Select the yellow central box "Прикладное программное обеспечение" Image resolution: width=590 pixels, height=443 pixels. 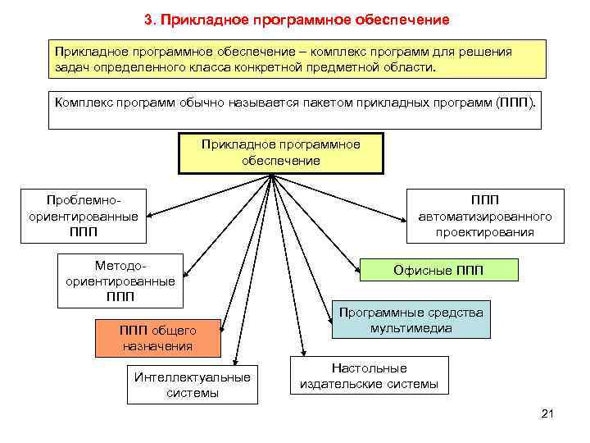pos(281,152)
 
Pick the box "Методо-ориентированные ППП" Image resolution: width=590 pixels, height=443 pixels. pos(120,281)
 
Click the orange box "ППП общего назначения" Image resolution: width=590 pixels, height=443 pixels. pos(158,338)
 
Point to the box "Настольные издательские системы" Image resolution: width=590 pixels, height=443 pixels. pos(370,376)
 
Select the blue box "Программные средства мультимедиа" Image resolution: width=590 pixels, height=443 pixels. pos(411,321)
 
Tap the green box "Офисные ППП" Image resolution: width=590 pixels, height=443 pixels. pos(438,270)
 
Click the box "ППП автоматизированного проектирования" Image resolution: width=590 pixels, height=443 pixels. pos(485,216)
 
